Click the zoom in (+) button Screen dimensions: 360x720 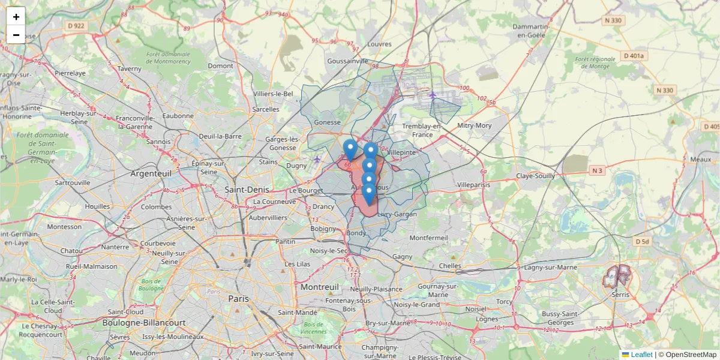16,16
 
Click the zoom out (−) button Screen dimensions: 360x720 16,35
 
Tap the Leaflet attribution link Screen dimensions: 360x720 641,355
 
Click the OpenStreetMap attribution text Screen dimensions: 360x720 691,355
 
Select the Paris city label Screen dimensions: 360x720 238,298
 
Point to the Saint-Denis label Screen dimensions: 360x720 247,189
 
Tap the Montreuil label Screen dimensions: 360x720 320,287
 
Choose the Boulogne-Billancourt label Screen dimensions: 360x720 145,323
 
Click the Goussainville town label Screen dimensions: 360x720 348,61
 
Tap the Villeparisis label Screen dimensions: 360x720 473,185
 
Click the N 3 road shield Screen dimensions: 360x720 596,171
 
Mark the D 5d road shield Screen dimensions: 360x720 642,241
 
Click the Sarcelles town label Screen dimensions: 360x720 266,109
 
